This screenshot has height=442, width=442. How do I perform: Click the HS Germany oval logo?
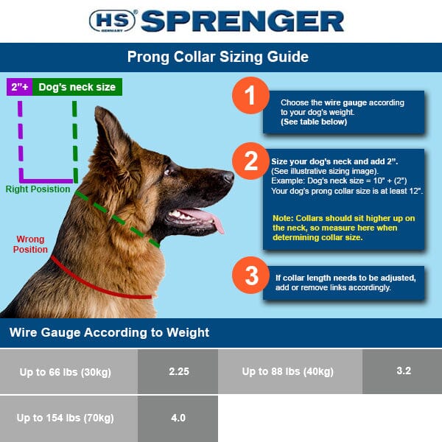(x=111, y=21)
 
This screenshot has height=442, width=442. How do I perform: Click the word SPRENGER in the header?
(x=242, y=21)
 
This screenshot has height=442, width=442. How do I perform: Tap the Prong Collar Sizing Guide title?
(x=218, y=57)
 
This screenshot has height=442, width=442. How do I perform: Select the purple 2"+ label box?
(x=18, y=87)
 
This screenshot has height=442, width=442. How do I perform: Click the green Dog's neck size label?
(x=77, y=87)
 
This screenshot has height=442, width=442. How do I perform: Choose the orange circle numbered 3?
(x=250, y=277)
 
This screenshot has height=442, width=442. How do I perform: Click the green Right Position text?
(x=38, y=189)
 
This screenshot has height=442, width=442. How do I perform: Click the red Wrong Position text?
(x=30, y=244)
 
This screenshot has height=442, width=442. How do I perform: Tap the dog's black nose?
(x=228, y=177)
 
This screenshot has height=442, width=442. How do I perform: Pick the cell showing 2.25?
(x=179, y=371)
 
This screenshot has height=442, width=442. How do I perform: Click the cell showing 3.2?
(x=403, y=371)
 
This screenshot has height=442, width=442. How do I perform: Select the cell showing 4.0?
(x=178, y=418)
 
